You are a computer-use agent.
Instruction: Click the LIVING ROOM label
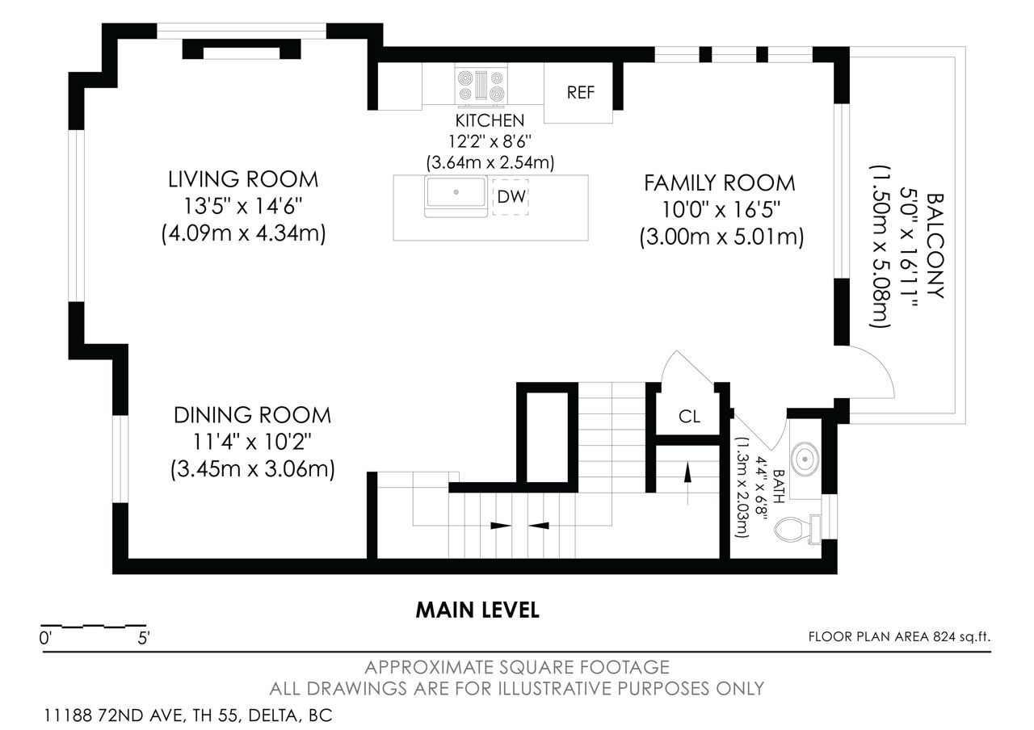click(243, 179)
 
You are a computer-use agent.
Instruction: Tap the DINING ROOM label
click(252, 415)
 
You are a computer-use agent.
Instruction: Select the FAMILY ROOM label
click(720, 183)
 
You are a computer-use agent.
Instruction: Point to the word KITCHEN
click(490, 121)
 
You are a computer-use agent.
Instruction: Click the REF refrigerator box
click(578, 93)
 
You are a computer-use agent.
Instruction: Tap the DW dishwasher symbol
click(511, 197)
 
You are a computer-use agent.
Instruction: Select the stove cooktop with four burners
click(481, 86)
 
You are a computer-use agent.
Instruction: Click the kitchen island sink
click(456, 196)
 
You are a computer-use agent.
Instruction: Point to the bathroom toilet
click(797, 530)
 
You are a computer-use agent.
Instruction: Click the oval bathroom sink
click(805, 459)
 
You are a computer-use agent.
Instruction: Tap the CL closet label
click(689, 417)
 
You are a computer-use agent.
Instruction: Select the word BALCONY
click(935, 245)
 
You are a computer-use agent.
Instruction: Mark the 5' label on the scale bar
click(144, 638)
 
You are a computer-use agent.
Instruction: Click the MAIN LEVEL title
click(477, 610)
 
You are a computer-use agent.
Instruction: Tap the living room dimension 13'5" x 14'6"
click(243, 206)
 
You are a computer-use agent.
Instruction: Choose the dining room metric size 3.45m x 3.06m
click(253, 470)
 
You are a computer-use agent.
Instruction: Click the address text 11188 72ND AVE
click(115, 715)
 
